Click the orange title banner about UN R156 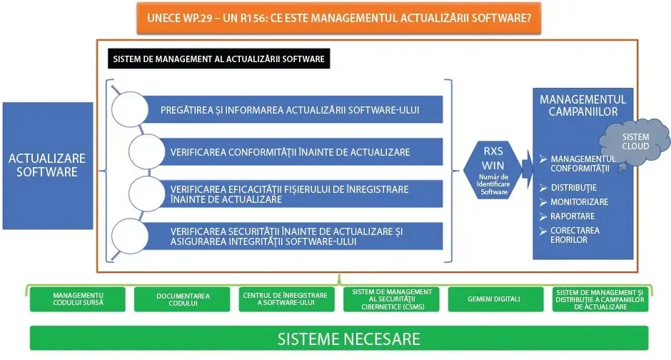339,18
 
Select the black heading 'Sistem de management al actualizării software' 218,59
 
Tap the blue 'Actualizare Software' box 48,166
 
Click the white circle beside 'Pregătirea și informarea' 130,109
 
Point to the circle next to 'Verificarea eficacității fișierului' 147,194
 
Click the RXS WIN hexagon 493,171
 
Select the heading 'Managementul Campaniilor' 583,106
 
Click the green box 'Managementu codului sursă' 78,299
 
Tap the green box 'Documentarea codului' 182,299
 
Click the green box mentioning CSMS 391,299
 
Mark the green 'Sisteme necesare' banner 339,338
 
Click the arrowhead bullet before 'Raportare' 543,216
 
